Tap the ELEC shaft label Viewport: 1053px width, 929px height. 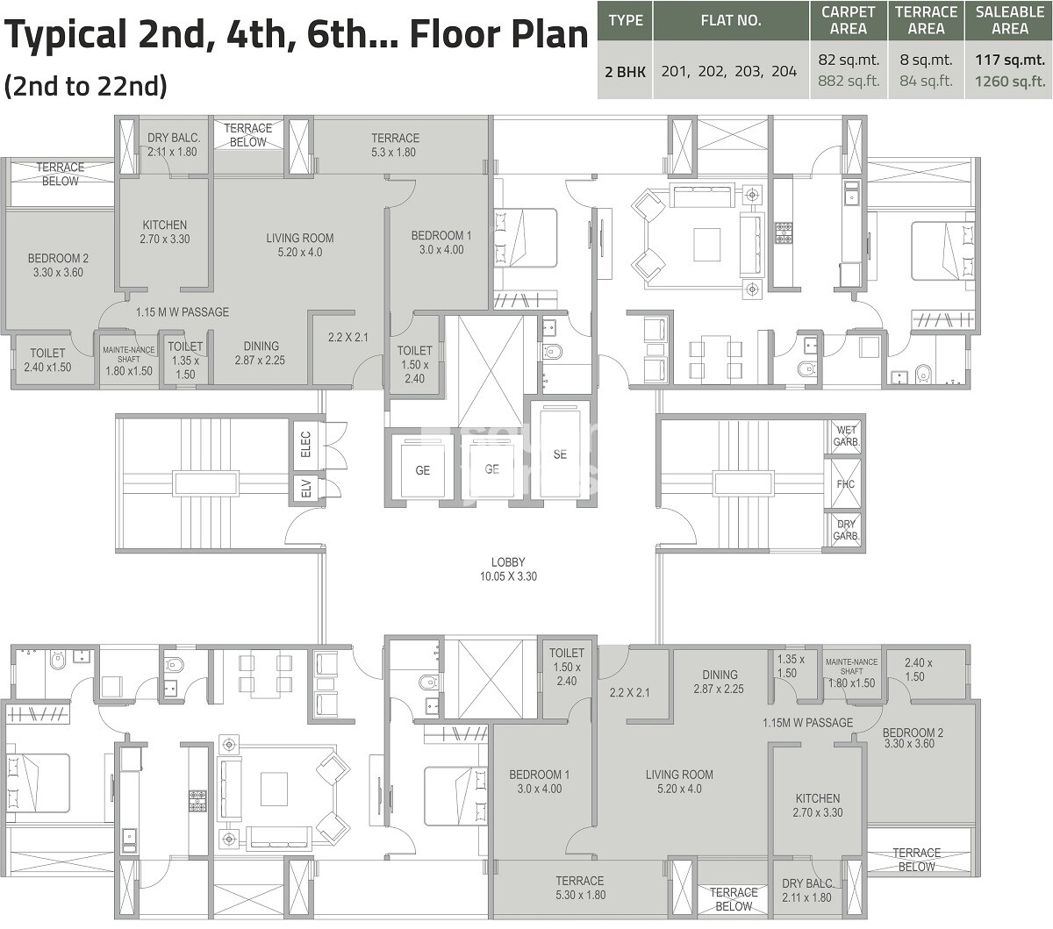[x=306, y=446]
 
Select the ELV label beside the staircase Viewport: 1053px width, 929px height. [x=306, y=490]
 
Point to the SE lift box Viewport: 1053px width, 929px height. [x=560, y=454]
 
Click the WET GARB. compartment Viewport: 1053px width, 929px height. [x=846, y=436]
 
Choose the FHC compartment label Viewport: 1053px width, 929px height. [x=846, y=484]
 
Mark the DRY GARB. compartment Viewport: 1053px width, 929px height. [x=846, y=530]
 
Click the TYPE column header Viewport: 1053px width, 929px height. [x=625, y=20]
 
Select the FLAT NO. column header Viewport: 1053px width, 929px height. [x=731, y=20]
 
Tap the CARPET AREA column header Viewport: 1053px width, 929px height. [x=848, y=20]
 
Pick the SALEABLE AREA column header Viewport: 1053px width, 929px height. [x=1010, y=20]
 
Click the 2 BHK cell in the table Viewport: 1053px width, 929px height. [x=625, y=71]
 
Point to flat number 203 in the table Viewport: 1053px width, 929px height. [x=748, y=71]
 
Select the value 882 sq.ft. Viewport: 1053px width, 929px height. [x=848, y=82]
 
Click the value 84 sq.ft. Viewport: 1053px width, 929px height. [x=926, y=82]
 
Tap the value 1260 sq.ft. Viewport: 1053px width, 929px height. [x=1010, y=82]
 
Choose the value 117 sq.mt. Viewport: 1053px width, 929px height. [x=1010, y=61]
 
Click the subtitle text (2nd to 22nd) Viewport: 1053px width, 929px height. [x=86, y=86]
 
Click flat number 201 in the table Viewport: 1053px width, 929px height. [x=674, y=71]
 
